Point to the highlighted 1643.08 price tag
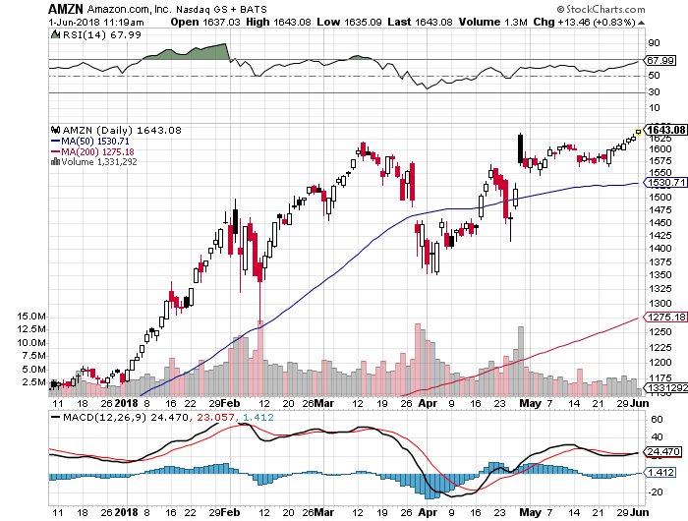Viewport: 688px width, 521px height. pos(665,130)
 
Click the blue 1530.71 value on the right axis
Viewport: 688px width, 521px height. pos(665,183)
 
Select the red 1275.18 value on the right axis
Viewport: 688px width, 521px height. pos(665,317)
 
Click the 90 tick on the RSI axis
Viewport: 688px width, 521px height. pos(653,43)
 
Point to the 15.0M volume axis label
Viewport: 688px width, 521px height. pos(32,316)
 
